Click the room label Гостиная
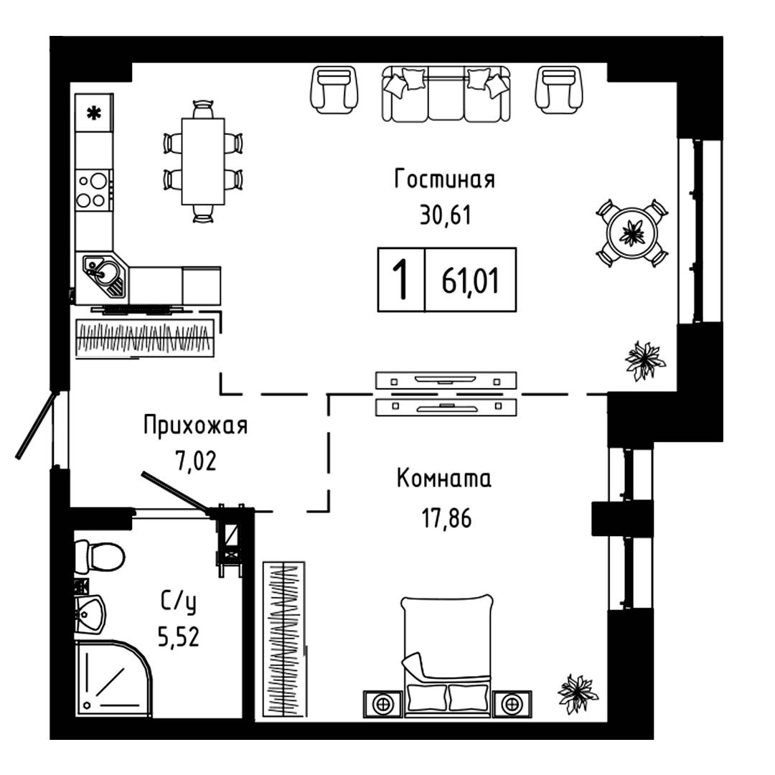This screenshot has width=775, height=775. [445, 179]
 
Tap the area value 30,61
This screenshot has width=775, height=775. [445, 214]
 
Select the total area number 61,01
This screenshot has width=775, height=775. [471, 279]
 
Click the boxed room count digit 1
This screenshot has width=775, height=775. [402, 279]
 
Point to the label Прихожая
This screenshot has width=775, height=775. [195, 426]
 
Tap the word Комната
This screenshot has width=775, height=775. [444, 479]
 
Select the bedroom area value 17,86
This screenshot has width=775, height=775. [445, 517]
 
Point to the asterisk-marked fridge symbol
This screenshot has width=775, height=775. [93, 113]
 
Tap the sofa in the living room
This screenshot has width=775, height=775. [446, 93]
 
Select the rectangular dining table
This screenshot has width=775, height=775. [203, 161]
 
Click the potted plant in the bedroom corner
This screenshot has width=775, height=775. [577, 693]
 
